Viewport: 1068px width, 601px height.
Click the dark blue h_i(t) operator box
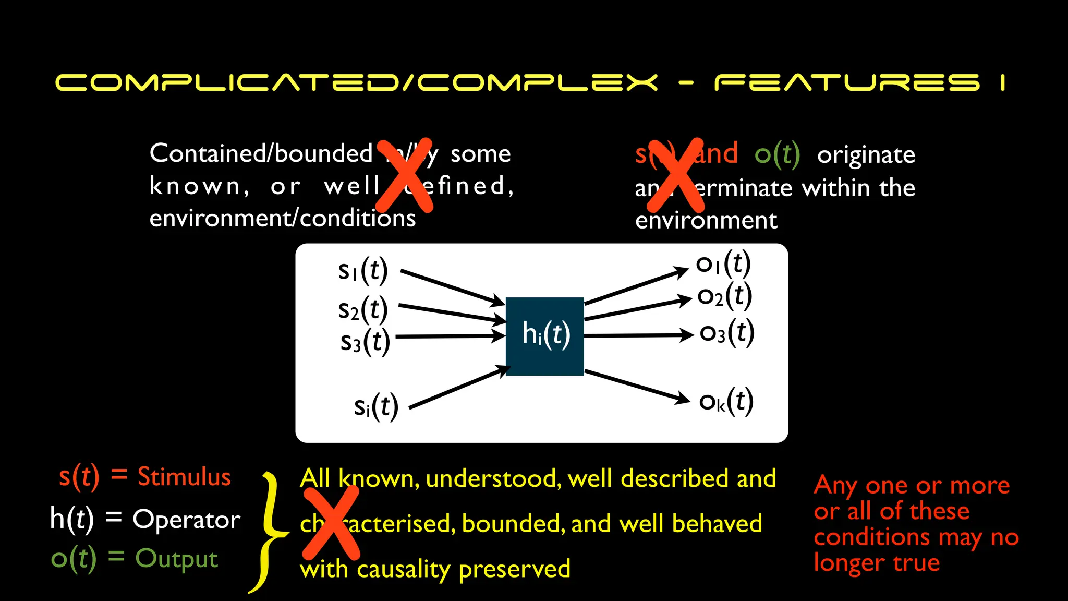pyautogui.click(x=544, y=336)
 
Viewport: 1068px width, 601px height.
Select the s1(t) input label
pyautogui.click(x=362, y=270)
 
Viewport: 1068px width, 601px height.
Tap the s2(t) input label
pyautogui.click(x=363, y=309)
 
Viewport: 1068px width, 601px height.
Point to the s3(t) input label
pyautogui.click(x=365, y=342)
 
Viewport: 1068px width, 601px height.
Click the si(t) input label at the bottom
pyautogui.click(x=376, y=406)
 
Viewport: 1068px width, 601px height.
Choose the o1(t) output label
pyautogui.click(x=723, y=263)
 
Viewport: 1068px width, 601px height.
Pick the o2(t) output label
pyautogui.click(x=725, y=296)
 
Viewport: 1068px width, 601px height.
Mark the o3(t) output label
pyautogui.click(x=727, y=333)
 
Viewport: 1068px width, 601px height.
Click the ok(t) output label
pyautogui.click(x=726, y=402)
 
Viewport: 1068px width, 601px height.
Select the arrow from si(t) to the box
pyautogui.click(x=459, y=387)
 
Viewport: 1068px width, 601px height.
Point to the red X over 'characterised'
pyautogui.click(x=331, y=522)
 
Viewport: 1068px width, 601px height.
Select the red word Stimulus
pyautogui.click(x=184, y=477)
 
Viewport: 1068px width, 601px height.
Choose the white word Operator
pyautogui.click(x=186, y=519)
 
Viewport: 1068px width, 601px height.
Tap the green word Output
pyautogui.click(x=176, y=558)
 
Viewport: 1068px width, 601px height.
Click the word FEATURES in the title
pyautogui.click(x=847, y=82)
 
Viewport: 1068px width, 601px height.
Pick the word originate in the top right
pyautogui.click(x=866, y=155)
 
